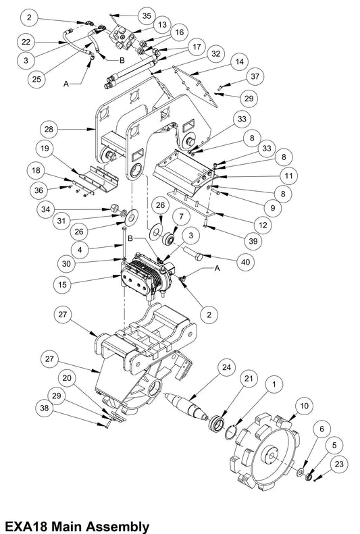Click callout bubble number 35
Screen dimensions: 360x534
(x=147, y=16)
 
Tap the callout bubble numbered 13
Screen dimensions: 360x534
(x=162, y=24)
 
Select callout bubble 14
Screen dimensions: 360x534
(x=239, y=61)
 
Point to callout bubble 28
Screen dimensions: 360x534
(x=49, y=130)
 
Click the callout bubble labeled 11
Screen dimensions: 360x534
(x=288, y=176)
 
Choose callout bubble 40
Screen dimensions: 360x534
(x=246, y=261)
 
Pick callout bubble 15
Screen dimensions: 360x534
(x=63, y=284)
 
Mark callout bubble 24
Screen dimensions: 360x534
(x=226, y=367)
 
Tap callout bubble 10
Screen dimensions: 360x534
(x=304, y=406)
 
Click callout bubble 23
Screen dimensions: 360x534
(x=339, y=464)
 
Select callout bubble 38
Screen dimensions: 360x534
(x=45, y=408)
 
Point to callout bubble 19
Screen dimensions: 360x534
(x=45, y=149)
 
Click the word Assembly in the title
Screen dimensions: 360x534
(x=117, y=526)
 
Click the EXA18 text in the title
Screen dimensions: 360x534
(x=26, y=525)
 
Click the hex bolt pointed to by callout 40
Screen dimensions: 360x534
(x=193, y=254)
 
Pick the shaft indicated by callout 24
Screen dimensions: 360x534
(x=186, y=406)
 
